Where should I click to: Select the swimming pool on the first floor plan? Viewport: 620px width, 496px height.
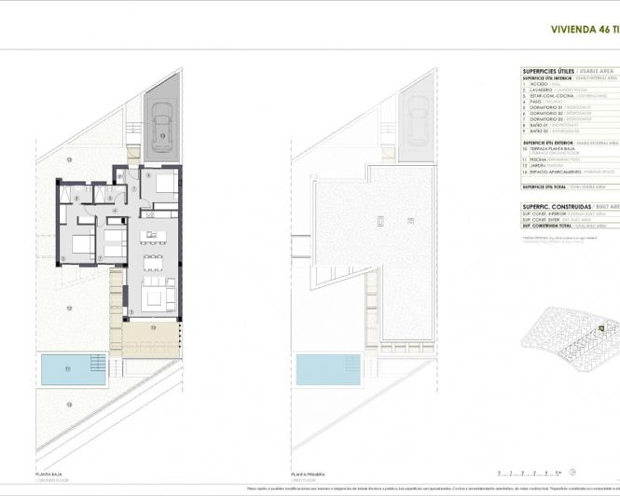coord(324,369)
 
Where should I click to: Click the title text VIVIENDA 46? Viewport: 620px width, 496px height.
coord(583,29)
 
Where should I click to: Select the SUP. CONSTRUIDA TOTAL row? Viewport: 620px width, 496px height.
coord(558,227)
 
